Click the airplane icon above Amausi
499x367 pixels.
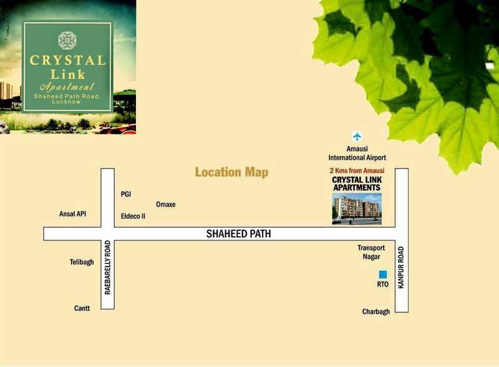(357, 136)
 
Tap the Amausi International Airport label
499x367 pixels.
(357, 154)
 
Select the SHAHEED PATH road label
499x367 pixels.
(239, 234)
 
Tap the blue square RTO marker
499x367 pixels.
(382, 274)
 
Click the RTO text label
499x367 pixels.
(382, 285)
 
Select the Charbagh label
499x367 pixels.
(375, 311)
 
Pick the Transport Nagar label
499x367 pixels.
(371, 252)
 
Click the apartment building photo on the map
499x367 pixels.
(356, 209)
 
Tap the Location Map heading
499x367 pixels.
(231, 172)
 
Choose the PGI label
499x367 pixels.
(126, 194)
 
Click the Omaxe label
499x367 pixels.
(165, 205)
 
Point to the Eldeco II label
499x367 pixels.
(133, 217)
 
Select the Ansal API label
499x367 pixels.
(72, 213)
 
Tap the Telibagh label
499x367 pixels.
(82, 262)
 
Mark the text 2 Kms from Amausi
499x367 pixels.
(356, 170)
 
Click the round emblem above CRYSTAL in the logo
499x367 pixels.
(67, 41)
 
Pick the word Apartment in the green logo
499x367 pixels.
(67, 87)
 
